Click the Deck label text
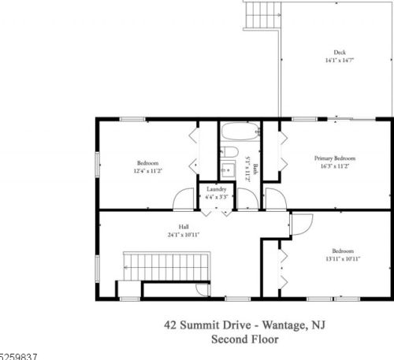[340, 53]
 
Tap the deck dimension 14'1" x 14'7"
[340, 61]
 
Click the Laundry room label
[217, 189]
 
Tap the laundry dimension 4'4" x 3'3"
[217, 197]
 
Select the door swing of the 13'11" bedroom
[302, 225]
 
